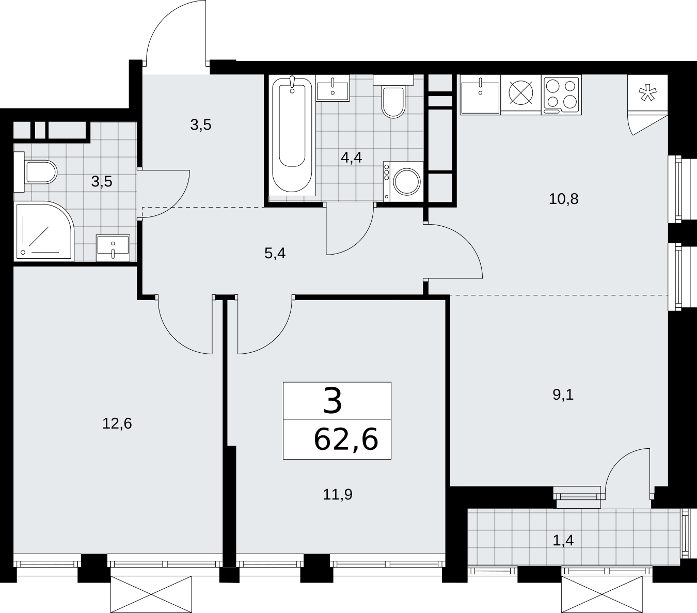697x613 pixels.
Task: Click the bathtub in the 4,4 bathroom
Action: pos(292,136)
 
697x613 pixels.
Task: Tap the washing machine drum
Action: pos(407,181)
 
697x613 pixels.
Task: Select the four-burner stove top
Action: pos(561,95)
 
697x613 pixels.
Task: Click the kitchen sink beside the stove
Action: pos(480,95)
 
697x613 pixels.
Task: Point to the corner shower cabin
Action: pos(44,231)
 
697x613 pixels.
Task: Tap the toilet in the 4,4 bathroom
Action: pos(393,97)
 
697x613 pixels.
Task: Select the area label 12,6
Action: pos(117,423)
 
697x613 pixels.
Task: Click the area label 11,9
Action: pos(338,495)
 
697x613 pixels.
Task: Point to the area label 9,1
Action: pos(563,395)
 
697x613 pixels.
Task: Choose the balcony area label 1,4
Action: pos(563,540)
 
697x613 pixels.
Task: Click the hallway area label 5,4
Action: pos(275,254)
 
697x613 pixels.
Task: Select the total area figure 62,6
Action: pos(346,439)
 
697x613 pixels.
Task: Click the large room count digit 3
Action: pos(332,401)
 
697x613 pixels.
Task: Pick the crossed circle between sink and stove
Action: pos(521,92)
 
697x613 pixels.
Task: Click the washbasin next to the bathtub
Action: pos(332,88)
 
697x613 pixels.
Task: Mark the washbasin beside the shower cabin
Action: pos(113,248)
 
